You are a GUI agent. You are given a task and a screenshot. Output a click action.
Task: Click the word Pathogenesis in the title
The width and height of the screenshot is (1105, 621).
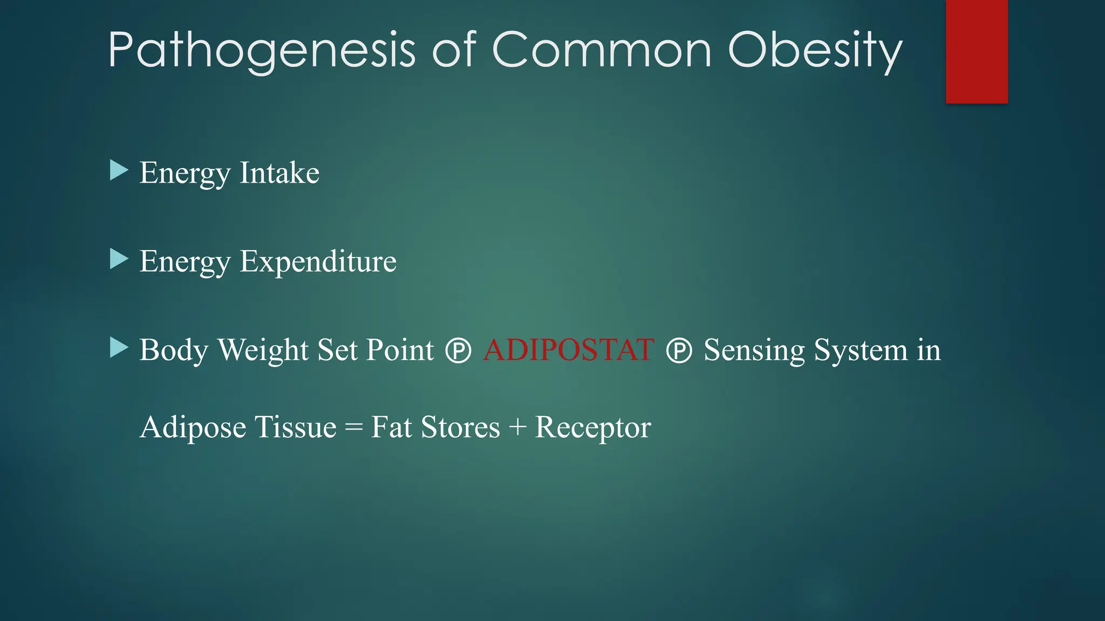(x=261, y=50)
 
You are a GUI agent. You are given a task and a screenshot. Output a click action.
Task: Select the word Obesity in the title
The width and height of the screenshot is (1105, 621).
(x=815, y=50)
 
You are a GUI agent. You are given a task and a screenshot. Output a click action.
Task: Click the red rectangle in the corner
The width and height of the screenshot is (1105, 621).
(x=977, y=51)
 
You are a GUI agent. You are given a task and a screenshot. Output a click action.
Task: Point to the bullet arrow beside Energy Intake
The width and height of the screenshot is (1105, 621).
(x=118, y=170)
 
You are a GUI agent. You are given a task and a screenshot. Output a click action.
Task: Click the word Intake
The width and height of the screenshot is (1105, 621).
(x=279, y=173)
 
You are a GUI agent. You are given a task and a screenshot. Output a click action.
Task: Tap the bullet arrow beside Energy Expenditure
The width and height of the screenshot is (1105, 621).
(x=118, y=259)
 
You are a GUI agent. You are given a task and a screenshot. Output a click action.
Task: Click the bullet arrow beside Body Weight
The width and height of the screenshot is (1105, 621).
(x=118, y=348)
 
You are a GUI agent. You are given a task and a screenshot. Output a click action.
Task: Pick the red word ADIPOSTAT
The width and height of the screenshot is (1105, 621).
(x=568, y=350)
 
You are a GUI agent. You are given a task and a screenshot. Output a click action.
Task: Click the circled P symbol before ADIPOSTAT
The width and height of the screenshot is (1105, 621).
(x=458, y=351)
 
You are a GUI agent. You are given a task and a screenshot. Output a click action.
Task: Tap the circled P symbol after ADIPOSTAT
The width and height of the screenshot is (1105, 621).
(x=679, y=351)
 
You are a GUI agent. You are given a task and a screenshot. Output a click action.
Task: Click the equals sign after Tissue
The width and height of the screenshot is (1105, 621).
(x=353, y=428)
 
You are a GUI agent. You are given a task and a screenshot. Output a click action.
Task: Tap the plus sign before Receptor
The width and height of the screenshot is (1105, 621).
(x=517, y=427)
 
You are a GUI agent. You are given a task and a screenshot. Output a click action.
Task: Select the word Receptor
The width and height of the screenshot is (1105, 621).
(x=592, y=427)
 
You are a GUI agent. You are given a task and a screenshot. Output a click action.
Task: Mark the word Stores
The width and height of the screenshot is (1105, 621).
(x=460, y=427)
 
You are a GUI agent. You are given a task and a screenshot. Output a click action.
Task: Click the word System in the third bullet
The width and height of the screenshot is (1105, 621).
(x=860, y=350)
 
